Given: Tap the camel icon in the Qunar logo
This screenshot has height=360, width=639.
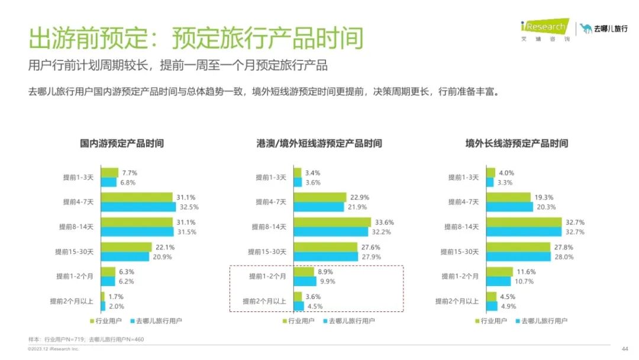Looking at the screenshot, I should click(x=586, y=28).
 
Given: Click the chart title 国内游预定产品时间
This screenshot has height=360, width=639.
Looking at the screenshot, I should click(x=122, y=143).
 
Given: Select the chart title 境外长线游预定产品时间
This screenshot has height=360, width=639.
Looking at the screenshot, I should click(x=517, y=143).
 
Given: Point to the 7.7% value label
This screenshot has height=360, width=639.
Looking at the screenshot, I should click(x=130, y=173).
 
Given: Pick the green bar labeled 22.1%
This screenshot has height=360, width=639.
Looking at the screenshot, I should click(x=126, y=247).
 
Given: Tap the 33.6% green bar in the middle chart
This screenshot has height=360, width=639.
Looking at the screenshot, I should click(x=333, y=222).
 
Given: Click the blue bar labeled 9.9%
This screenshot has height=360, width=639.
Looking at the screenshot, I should click(x=305, y=281).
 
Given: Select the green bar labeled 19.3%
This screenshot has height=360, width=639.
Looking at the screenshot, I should click(x=508, y=197).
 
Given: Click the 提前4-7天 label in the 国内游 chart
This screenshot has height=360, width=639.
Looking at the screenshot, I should click(x=78, y=202).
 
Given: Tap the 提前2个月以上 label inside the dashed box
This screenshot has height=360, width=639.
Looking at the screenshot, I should click(x=264, y=301).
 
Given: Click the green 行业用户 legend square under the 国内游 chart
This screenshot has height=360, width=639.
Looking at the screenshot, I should click(x=92, y=321).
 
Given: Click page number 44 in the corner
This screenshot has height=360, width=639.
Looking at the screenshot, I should click(x=624, y=348).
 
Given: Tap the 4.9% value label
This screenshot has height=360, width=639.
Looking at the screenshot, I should click(x=509, y=306).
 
